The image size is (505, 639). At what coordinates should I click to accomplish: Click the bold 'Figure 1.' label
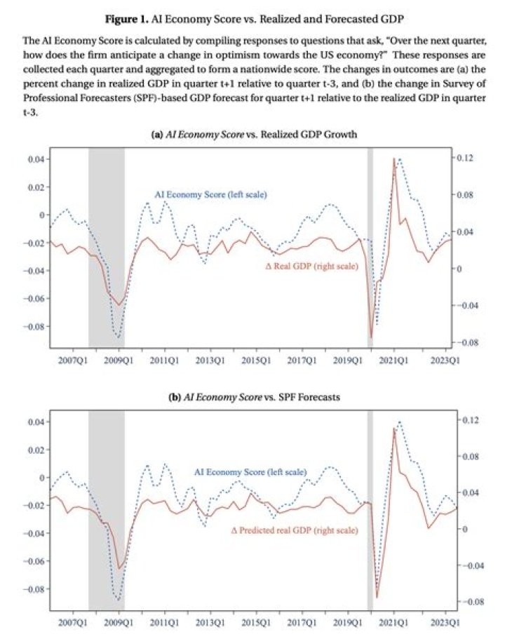126,19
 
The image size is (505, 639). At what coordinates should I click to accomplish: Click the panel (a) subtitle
254,135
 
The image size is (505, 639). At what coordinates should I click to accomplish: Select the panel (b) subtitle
254,397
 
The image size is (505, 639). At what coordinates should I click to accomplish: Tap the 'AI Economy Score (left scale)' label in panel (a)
210,194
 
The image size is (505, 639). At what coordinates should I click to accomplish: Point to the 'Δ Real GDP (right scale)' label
312,266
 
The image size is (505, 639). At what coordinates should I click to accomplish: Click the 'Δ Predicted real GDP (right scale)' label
295,530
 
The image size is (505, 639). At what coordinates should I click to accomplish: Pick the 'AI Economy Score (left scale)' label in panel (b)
250,472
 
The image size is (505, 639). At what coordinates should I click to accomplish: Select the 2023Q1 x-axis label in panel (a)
445,361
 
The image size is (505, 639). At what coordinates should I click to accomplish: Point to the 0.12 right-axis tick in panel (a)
465,158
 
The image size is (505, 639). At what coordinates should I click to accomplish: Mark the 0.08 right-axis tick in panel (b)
471,456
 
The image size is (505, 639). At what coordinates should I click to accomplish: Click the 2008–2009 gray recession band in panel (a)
107,248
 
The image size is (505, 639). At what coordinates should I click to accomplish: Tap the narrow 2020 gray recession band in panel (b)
370,510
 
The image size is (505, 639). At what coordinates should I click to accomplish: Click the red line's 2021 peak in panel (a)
393,158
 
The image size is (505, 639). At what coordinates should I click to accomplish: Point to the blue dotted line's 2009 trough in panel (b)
119,600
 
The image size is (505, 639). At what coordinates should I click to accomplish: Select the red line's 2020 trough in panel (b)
377,598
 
